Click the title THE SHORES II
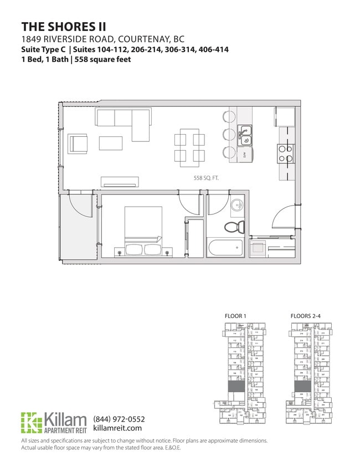coord(64,27)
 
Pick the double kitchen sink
coord(245,133)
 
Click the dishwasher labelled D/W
coord(245,155)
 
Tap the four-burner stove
coord(285,153)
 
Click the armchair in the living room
coord(78,144)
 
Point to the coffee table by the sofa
coord(111,143)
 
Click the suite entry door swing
coord(286,216)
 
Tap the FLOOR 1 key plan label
coord(235,316)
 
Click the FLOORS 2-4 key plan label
coord(305,316)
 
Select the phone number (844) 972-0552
coord(119,419)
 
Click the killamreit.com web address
coord(118,428)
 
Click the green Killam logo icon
coord(31,423)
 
